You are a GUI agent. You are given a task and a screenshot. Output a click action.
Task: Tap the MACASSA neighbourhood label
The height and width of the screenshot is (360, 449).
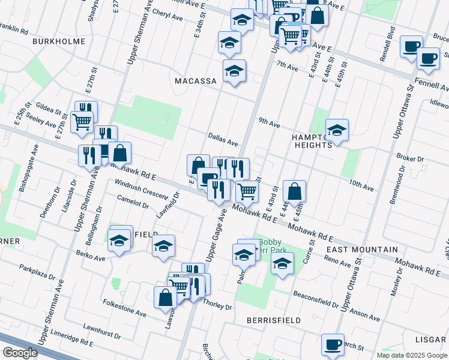pyautogui.click(x=194, y=80)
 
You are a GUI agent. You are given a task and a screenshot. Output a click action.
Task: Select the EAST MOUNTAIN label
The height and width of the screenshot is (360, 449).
pyautogui.click(x=362, y=249)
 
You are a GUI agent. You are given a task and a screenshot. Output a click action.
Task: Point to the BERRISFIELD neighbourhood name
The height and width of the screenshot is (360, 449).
pyautogui.click(x=274, y=320)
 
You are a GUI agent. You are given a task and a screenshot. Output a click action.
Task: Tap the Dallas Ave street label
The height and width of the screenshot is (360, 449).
pyautogui.click(x=223, y=140)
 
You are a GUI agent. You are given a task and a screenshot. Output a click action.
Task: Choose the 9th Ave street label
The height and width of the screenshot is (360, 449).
pyautogui.click(x=270, y=124)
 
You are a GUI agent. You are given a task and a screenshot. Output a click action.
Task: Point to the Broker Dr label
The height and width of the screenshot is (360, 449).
pyautogui.click(x=411, y=158)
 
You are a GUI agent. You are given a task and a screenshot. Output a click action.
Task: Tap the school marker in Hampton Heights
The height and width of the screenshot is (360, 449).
pyautogui.click(x=337, y=130)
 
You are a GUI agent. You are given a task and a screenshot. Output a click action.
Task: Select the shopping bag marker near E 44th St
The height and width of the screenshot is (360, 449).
pyautogui.click(x=294, y=191)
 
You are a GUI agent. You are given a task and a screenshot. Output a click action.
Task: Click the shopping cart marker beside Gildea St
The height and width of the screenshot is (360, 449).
pyautogui.click(x=82, y=121)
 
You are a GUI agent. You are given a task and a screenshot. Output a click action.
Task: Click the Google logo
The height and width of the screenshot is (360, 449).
pyautogui.click(x=20, y=353)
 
